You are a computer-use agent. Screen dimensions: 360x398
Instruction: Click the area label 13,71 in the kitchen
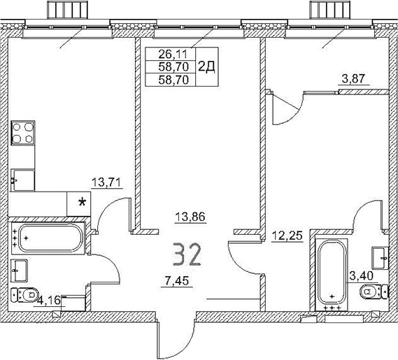(x=106, y=183)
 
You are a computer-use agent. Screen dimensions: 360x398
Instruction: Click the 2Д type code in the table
(x=207, y=66)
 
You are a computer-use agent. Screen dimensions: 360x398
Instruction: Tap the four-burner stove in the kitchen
(x=23, y=133)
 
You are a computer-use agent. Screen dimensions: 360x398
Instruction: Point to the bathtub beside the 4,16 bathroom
(x=50, y=238)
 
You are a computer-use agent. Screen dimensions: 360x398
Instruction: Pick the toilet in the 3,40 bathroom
(x=378, y=291)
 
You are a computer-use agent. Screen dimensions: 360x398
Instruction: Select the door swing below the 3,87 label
(x=285, y=108)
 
